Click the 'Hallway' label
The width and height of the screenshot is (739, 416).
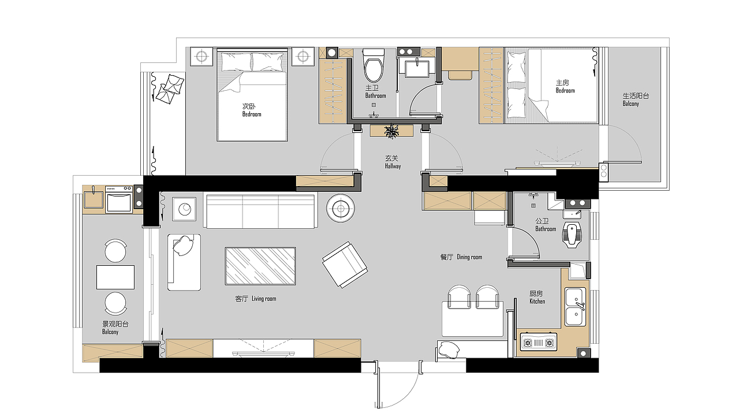pyautogui.click(x=393, y=166)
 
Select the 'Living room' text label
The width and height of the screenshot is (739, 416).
pyautogui.click(x=264, y=299)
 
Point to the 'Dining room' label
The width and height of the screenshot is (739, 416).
pyautogui.click(x=469, y=257)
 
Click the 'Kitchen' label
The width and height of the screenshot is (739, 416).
pyautogui.click(x=538, y=301)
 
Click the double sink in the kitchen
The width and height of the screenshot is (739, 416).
pyautogui.click(x=576, y=306)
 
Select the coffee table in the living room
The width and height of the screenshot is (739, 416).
pyautogui.click(x=260, y=266)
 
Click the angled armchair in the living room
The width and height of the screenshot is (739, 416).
pyautogui.click(x=345, y=265)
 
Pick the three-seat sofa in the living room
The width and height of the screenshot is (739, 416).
pyautogui.click(x=260, y=211)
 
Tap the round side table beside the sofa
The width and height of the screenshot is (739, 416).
pyautogui.click(x=341, y=209)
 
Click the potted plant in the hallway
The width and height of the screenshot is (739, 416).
pyautogui.click(x=391, y=131)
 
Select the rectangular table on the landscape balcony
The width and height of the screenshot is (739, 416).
pyautogui.click(x=115, y=277)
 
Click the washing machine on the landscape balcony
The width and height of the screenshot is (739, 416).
pyautogui.click(x=119, y=199)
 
